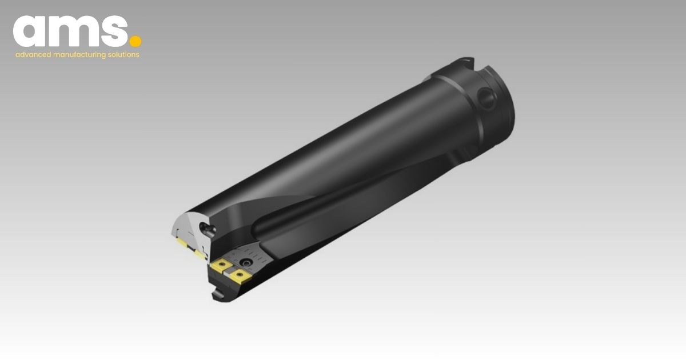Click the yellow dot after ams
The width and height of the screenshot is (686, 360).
[x=135, y=41]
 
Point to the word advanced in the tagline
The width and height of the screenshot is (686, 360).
[x=33, y=55]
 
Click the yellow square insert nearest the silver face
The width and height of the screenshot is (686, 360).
[x=220, y=267]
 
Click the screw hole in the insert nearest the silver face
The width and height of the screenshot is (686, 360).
[x=220, y=267]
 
